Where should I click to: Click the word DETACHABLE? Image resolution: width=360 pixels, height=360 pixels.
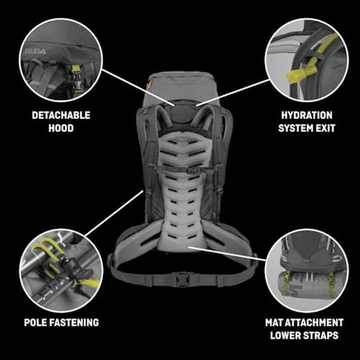click(61, 115)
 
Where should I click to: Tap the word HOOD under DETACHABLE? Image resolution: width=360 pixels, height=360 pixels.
click(61, 128)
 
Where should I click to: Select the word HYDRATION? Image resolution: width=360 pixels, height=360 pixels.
click(306, 115)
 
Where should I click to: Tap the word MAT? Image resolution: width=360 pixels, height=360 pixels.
click(275, 322)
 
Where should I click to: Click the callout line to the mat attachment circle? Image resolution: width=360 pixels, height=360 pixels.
click(225, 252)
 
